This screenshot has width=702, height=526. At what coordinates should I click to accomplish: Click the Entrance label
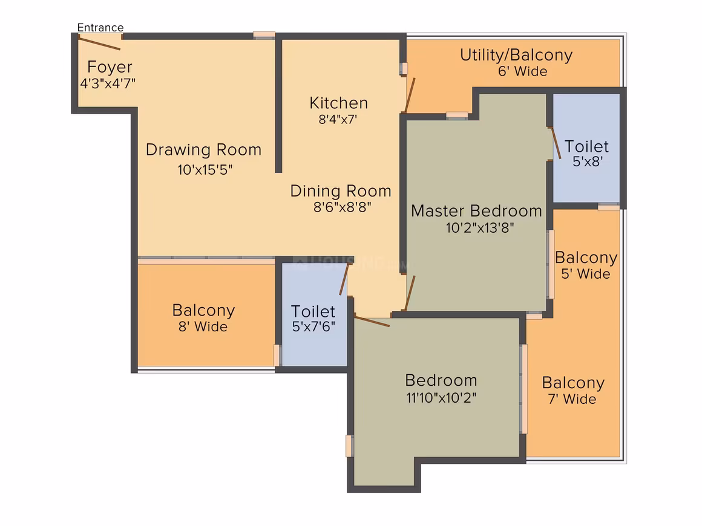[100, 28]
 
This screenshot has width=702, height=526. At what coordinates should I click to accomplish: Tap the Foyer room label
[110, 67]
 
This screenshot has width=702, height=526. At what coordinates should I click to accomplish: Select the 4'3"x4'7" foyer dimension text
[108, 83]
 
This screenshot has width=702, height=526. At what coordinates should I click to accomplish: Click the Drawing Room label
[204, 150]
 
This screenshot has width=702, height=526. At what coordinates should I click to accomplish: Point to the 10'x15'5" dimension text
[205, 170]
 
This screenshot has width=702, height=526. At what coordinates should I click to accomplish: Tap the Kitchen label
[338, 103]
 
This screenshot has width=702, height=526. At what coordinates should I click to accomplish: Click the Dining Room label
[341, 192]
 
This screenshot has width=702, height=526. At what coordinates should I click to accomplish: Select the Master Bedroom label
[476, 211]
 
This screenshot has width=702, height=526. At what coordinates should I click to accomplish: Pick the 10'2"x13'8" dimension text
[480, 228]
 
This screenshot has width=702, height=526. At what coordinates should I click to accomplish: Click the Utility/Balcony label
[516, 56]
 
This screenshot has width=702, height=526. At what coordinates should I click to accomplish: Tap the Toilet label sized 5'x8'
[586, 147]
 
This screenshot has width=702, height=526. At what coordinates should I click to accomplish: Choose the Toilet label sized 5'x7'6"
[313, 311]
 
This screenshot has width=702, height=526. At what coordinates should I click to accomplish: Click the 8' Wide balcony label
[203, 327]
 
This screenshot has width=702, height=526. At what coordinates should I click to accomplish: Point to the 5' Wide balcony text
[586, 274]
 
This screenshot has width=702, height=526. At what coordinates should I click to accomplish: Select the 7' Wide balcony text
[572, 399]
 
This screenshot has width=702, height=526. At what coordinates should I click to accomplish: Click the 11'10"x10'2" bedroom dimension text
[441, 398]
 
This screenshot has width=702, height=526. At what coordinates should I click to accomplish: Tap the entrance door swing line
[99, 44]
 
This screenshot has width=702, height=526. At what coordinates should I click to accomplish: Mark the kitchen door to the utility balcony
[410, 96]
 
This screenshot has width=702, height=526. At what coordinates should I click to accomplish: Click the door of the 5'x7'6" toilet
[344, 279]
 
